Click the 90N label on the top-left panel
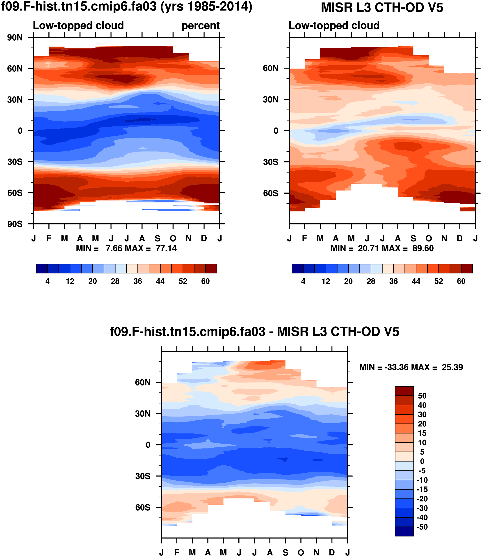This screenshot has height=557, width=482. [15, 38]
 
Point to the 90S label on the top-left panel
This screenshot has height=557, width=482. [15, 224]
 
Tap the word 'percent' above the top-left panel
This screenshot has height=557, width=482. [200, 25]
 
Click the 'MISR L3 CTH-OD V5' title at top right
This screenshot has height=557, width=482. [382, 7]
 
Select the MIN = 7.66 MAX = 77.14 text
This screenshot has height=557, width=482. [126, 248]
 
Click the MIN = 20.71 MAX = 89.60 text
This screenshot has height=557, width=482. [382, 248]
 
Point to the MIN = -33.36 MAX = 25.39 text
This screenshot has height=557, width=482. [411, 367]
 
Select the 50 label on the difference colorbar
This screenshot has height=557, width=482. [422, 396]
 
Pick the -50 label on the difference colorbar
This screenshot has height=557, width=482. [422, 527]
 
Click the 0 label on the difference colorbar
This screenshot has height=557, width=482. [422, 461]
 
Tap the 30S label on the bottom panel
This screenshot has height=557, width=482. [143, 476]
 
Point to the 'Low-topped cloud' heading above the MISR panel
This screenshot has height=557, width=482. [334, 25]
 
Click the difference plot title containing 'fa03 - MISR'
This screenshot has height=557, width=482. [254, 332]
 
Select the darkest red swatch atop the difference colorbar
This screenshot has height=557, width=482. [404, 391]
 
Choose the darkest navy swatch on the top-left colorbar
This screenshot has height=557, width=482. [42, 268]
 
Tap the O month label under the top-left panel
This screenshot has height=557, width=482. [173, 238]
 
